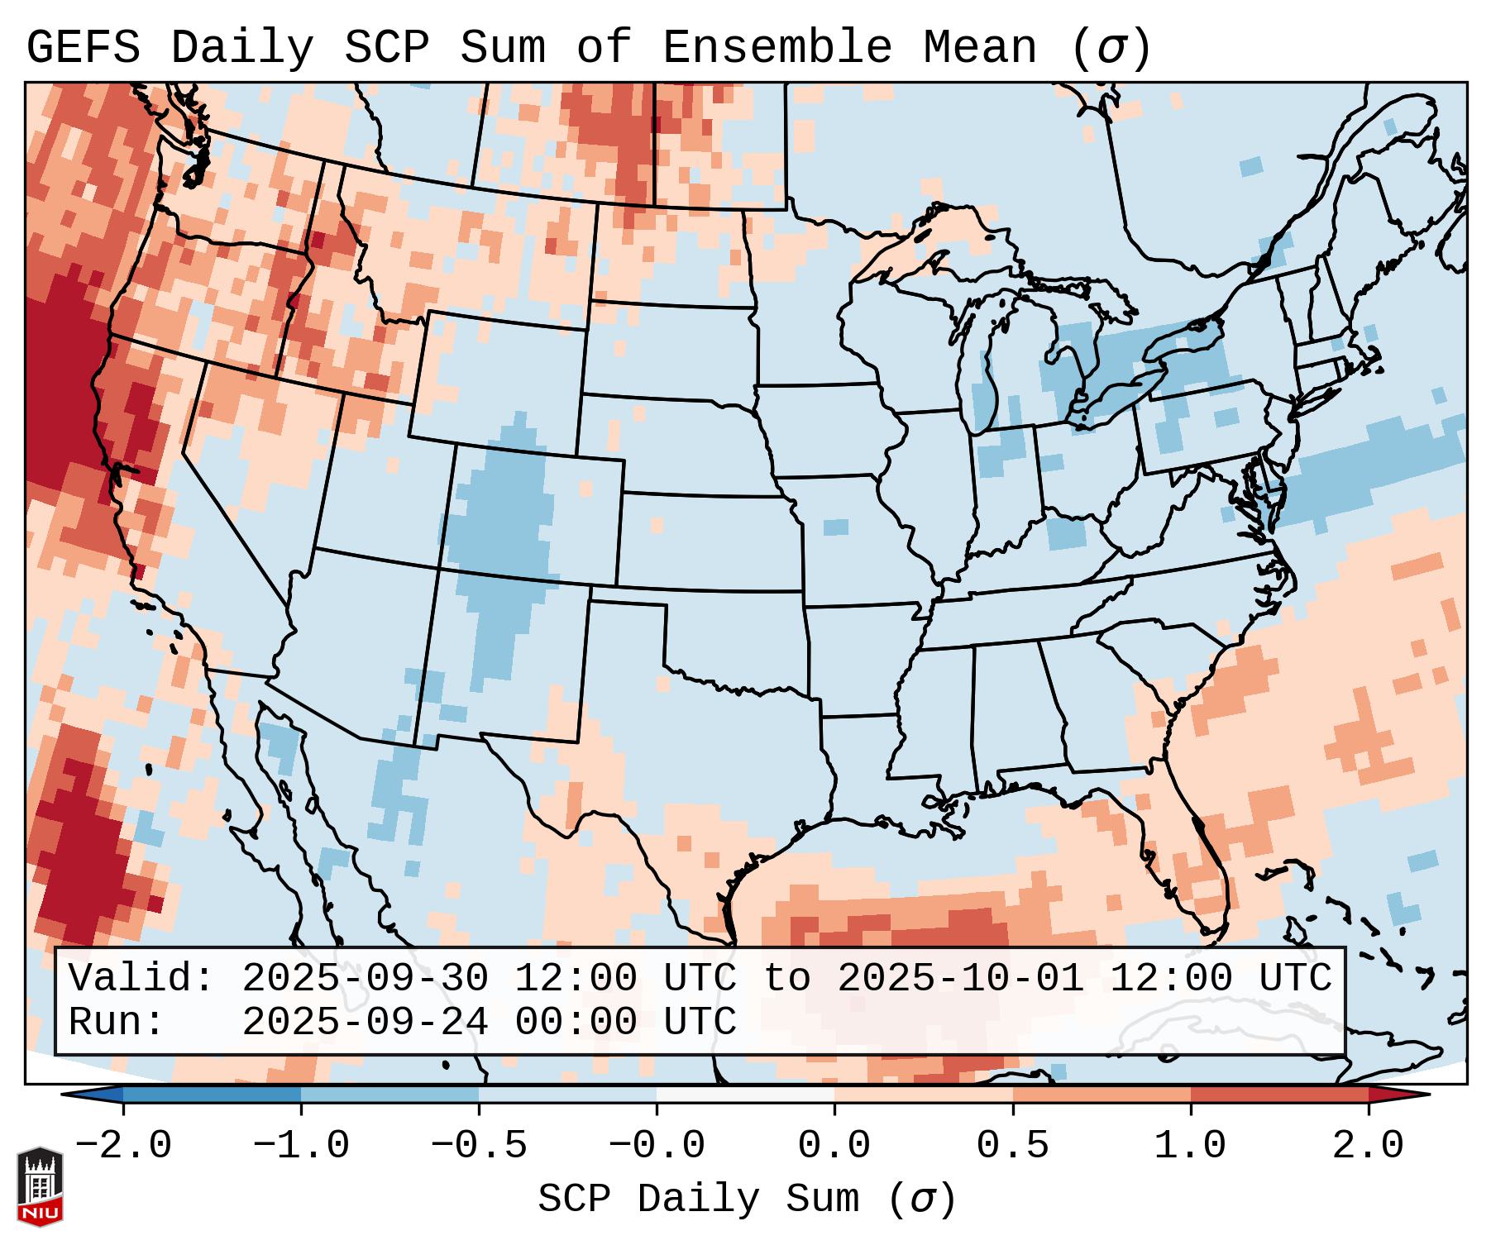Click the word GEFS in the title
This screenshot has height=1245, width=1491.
(83, 48)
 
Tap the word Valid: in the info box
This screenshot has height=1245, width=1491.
(141, 978)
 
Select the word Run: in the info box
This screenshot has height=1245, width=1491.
(116, 1022)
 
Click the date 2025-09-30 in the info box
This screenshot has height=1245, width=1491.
(365, 978)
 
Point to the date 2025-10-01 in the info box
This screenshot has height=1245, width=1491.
(960, 978)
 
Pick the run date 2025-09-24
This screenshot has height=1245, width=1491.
(365, 1022)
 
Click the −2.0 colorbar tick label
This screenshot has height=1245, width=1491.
(123, 1146)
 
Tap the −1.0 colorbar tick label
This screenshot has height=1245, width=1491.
(301, 1146)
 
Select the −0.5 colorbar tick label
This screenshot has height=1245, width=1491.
(479, 1146)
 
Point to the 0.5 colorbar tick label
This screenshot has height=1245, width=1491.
(1012, 1146)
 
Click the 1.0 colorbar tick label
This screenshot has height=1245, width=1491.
(1190, 1146)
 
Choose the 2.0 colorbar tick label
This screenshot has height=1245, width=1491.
(1368, 1146)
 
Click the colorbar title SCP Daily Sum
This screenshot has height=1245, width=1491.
(699, 1200)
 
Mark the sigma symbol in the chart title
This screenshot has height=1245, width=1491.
(1111, 48)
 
